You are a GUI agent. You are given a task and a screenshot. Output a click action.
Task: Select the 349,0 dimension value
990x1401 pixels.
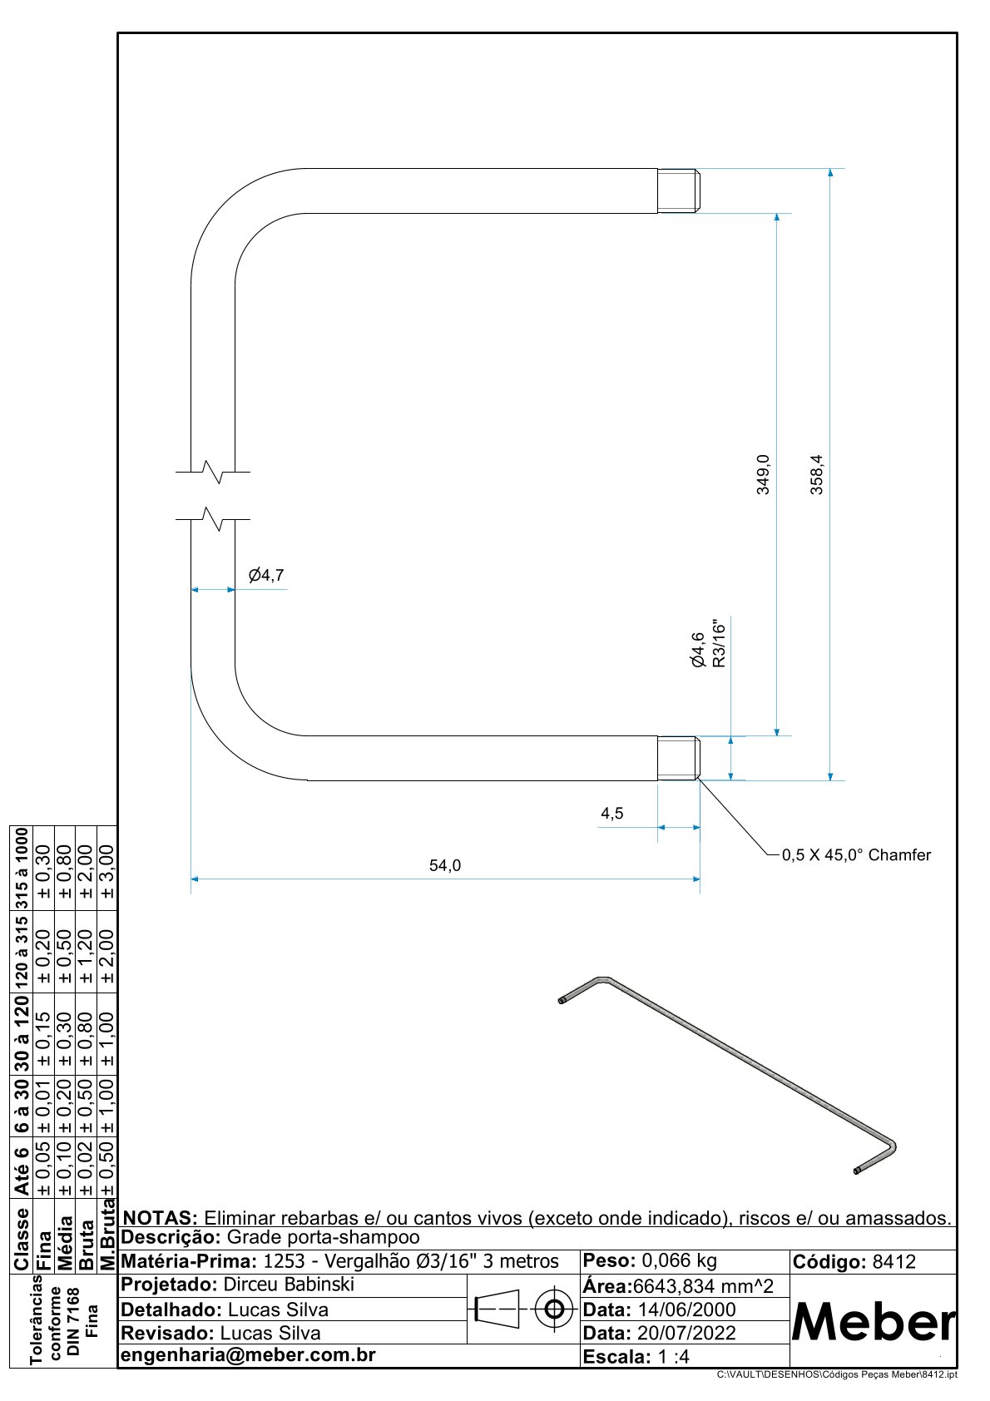763,474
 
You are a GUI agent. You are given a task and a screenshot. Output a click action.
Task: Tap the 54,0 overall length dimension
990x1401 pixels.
445,865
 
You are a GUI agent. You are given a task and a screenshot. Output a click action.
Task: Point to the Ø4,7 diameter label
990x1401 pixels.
266,575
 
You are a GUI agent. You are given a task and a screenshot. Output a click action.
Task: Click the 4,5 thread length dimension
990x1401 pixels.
612,814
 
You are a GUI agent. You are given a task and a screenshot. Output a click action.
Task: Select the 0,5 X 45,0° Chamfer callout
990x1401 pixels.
856,854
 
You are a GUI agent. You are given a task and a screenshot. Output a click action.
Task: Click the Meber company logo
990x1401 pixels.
874,1321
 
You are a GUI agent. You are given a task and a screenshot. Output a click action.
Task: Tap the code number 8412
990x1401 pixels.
893,1262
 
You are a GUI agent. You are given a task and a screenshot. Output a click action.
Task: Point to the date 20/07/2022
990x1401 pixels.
686,1333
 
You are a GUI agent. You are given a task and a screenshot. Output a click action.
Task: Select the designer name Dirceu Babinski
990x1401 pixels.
289,1284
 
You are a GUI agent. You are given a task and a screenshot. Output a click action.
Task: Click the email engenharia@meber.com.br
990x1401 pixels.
249,1354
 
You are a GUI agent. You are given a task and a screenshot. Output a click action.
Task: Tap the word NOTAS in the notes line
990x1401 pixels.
161,1218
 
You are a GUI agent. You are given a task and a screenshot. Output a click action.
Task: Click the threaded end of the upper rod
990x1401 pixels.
679,191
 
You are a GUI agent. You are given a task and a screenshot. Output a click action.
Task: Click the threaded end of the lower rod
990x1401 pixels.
679,758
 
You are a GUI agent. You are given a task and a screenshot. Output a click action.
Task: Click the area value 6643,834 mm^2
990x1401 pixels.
703,1286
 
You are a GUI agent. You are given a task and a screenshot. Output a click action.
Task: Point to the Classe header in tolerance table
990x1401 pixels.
22,1238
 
